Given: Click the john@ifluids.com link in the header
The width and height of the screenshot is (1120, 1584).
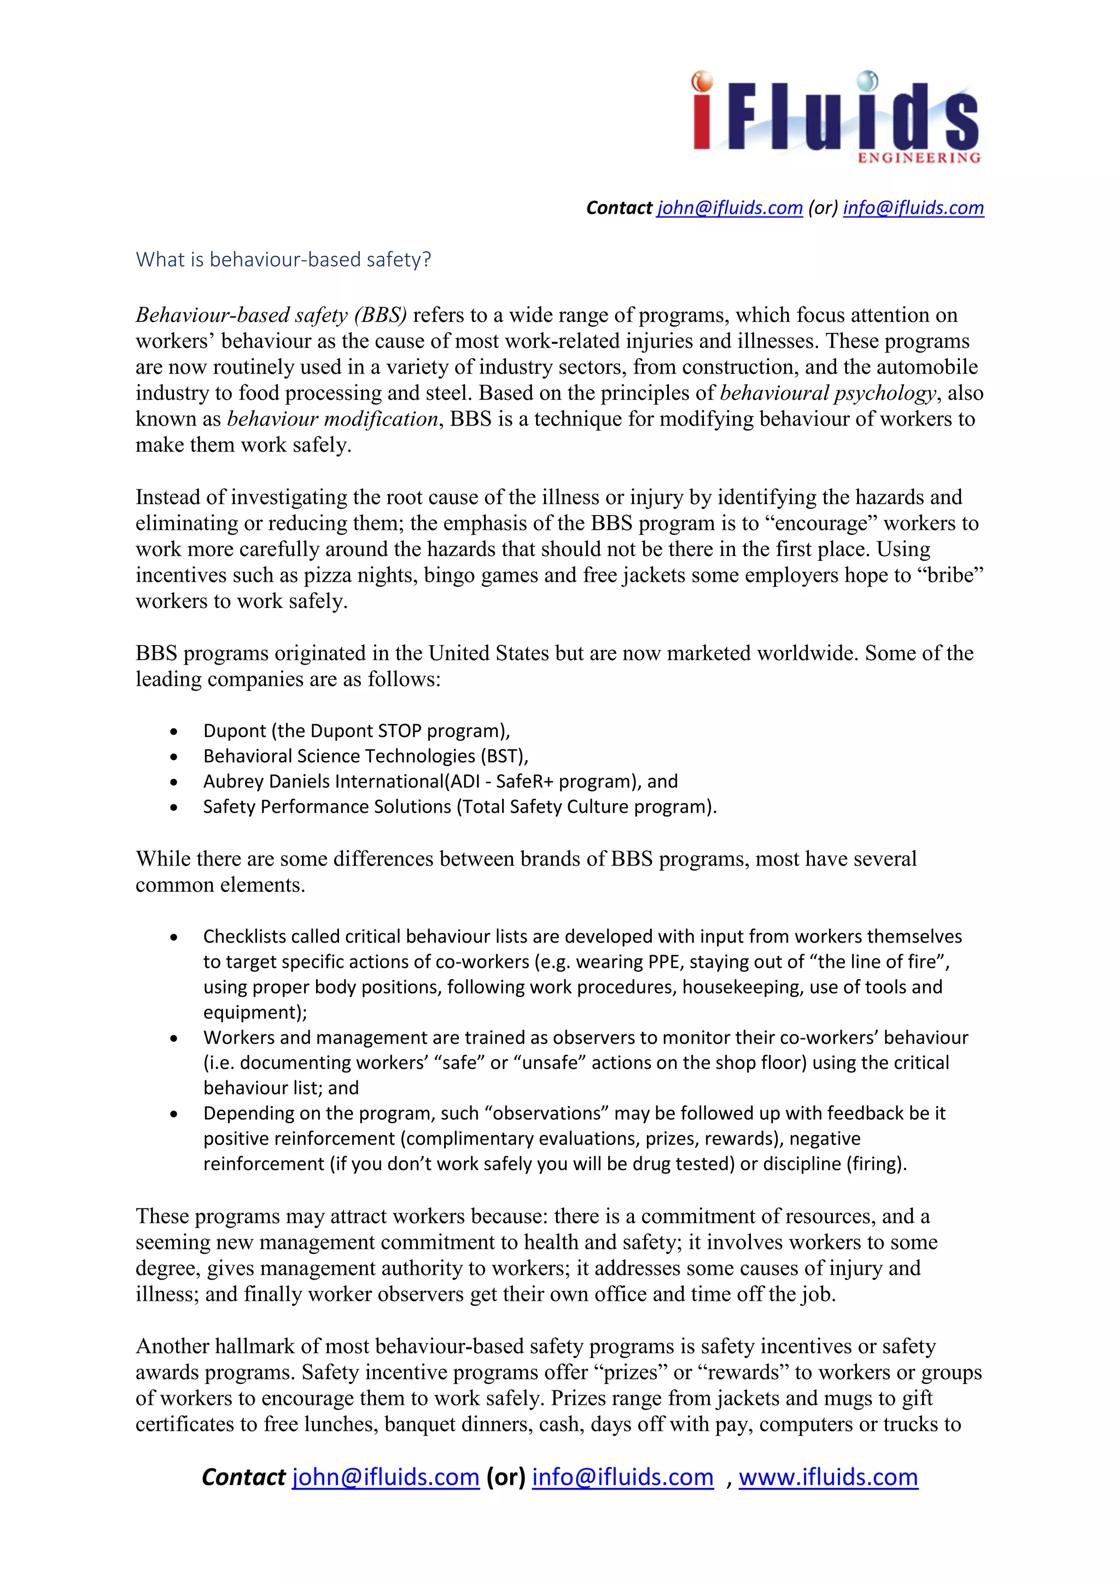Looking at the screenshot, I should coord(730,208).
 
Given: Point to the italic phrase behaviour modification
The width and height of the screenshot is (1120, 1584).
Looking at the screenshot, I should coord(332,419).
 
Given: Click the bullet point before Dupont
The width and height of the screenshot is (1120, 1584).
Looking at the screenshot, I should coord(174,732).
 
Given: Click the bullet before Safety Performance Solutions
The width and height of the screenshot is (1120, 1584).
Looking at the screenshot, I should coord(174,808).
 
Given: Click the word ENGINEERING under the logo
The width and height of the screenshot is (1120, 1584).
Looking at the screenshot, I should coord(919,158).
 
